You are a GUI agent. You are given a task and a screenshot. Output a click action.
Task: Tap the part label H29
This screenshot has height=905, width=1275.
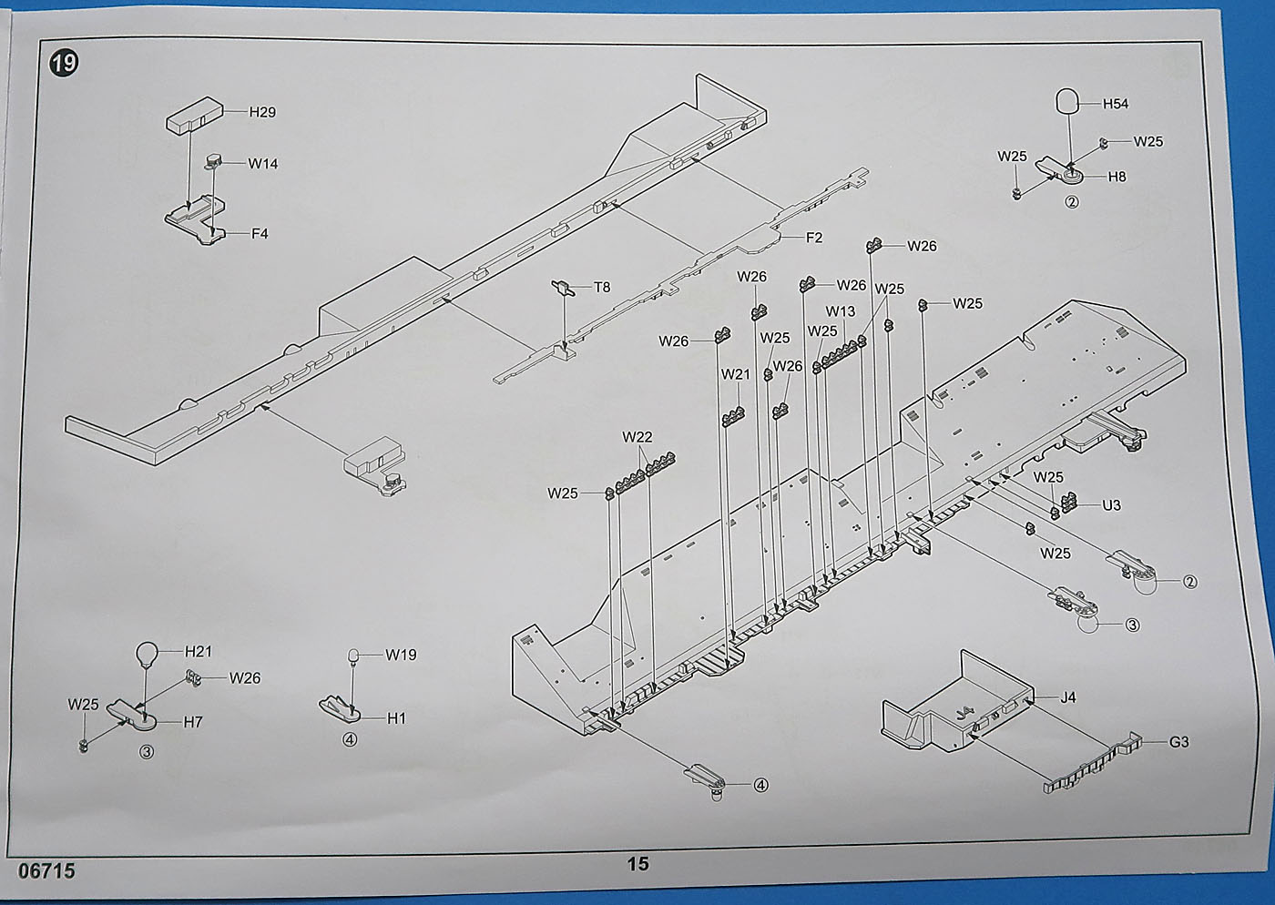(262, 112)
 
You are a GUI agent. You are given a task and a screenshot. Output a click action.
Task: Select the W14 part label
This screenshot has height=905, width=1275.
(263, 164)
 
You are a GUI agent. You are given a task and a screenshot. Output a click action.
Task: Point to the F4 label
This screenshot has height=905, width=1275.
(260, 233)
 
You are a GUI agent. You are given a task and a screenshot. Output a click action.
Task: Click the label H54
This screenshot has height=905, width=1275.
(1116, 104)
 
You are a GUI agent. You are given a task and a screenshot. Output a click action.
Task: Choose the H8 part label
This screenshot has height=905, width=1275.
(1117, 177)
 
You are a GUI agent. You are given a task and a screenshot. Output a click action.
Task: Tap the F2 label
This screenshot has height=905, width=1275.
(814, 238)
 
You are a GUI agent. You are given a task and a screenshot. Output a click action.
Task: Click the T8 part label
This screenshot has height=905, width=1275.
(602, 288)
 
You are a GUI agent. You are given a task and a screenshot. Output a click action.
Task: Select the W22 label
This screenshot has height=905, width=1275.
(637, 437)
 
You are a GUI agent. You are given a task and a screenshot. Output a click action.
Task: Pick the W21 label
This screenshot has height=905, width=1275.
(736, 374)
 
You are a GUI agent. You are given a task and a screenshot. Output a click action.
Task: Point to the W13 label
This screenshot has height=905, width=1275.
(841, 311)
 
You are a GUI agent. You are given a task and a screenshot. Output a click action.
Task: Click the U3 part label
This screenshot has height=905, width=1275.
(1111, 505)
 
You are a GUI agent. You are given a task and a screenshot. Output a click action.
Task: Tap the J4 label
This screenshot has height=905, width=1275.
(1068, 697)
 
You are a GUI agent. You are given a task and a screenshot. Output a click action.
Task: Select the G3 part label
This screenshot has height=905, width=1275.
(1178, 742)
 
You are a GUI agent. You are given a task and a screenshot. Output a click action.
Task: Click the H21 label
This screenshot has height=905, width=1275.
(199, 651)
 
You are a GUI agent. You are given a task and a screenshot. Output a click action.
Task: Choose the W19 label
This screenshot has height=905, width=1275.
(401, 655)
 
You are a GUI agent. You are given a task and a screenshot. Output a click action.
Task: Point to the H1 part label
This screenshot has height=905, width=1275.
(396, 718)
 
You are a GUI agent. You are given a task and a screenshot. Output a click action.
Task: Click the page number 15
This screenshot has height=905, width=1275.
(637, 863)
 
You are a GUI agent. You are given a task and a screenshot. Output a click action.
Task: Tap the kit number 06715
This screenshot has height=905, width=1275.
(46, 871)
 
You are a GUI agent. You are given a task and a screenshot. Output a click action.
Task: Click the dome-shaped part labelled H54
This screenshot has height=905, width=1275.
(1068, 100)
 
